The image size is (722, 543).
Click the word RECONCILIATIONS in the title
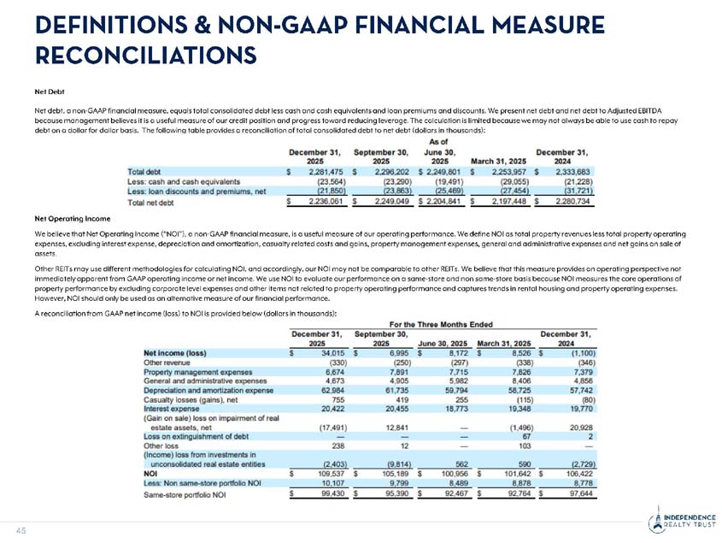click(145, 55)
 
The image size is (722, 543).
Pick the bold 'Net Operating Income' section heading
click(70, 218)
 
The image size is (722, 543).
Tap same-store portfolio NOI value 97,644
click(569, 493)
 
